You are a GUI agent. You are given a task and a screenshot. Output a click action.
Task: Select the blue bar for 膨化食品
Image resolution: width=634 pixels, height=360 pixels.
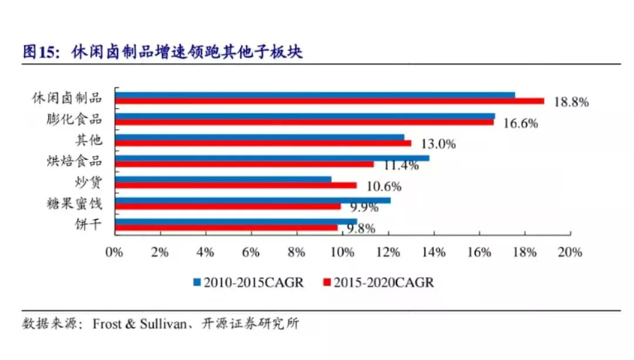pos(304,116)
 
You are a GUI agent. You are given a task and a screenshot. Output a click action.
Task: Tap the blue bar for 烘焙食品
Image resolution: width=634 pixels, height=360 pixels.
pos(271,158)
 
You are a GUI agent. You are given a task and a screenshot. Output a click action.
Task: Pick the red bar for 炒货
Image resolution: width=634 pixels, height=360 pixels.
pos(235,185)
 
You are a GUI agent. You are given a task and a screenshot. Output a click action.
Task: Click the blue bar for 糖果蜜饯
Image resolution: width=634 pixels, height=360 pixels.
pos(253,200)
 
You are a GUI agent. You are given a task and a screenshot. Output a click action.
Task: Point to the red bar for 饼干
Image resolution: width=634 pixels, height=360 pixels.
pos(226,227)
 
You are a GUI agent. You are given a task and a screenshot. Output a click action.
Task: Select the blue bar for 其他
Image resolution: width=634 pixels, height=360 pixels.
pos(259,137)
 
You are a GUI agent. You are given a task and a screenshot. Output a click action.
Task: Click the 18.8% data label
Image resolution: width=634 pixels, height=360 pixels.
pos(571,102)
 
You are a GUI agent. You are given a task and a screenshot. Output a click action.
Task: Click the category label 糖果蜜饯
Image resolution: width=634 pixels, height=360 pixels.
pos(74,204)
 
